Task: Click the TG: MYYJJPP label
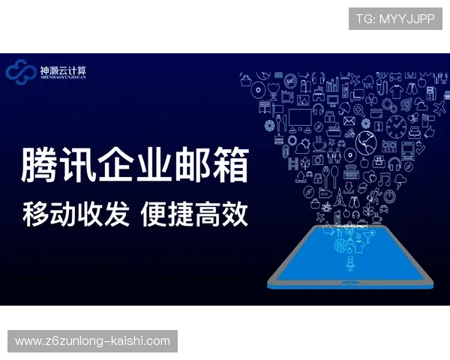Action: pos(395,19)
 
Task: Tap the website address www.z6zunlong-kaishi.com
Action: pos(92,341)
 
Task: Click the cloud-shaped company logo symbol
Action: pos(20,71)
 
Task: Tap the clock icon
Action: pos(397,124)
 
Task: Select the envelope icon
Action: pos(349,120)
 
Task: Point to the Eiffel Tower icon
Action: pos(338,196)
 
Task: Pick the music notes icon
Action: pos(384,178)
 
